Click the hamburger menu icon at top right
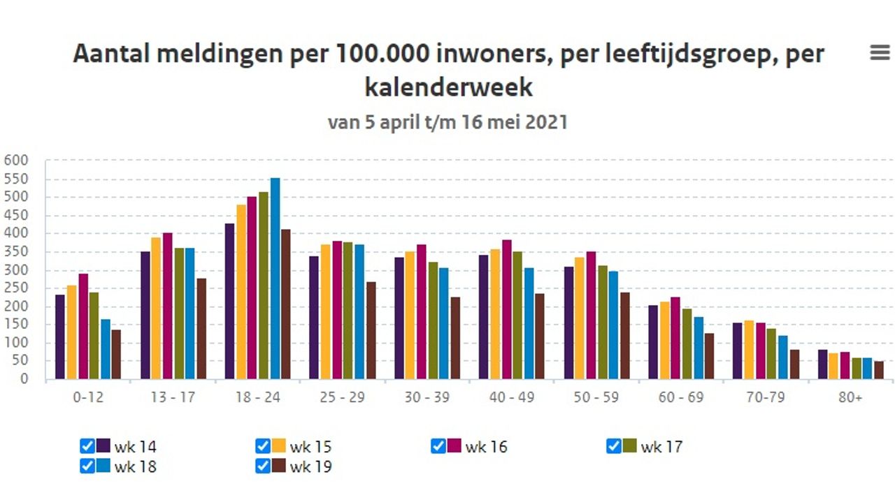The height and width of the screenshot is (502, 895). pos(880,52)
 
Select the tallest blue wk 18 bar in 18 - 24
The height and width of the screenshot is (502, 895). pos(275,279)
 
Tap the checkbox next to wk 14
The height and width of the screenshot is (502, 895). pos(87,446)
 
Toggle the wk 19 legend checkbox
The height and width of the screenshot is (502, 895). pos(263,466)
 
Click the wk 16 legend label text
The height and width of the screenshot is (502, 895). pos(486,447)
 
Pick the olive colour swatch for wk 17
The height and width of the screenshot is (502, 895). pos(629,446)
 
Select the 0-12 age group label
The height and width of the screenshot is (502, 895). pos(87,397)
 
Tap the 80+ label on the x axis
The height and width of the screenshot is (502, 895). pos(850,397)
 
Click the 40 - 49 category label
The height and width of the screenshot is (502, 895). pos(512,397)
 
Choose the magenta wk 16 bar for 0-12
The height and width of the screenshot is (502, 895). pos(83,327)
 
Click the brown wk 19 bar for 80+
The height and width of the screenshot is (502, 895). pos(879,371)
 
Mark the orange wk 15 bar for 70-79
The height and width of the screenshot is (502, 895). pos(749,350)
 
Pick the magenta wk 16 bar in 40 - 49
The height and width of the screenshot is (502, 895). pos(506,310)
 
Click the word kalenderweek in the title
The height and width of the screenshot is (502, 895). pos(448,87)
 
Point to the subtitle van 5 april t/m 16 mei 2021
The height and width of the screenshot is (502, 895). pos(447,122)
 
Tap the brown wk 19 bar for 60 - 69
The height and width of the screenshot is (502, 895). pos(710,357)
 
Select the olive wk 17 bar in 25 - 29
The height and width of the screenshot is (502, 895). pos(348,311)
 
